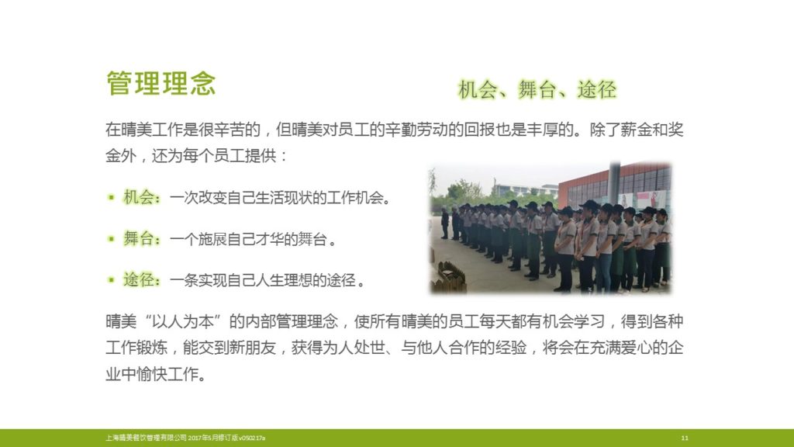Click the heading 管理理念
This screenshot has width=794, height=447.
pos(161,84)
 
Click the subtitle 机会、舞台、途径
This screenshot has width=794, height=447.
pos(537,90)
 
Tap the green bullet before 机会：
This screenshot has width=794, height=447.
pos(111,197)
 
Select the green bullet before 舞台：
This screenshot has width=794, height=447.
pos(111,239)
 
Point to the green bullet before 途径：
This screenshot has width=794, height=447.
pos(111,279)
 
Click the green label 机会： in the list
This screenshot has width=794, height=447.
pos(143,197)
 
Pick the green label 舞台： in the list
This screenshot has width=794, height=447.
pos(143,239)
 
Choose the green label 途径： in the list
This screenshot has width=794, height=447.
pos(143,279)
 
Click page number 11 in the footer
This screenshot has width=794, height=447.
pos(685,438)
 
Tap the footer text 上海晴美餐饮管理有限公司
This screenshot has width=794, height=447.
pos(146,438)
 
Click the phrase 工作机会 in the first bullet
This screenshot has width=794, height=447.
pos(354,198)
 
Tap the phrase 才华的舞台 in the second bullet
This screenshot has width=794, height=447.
pos(290,239)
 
